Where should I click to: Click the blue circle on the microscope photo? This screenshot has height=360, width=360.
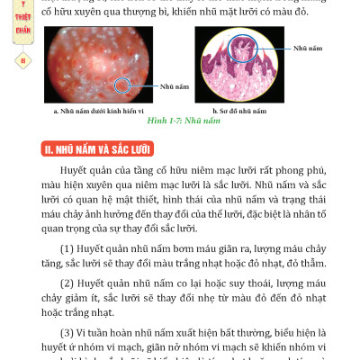click(x=124, y=85)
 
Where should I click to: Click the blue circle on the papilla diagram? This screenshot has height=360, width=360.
click(x=241, y=47)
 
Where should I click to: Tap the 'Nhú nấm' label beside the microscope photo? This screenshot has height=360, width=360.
click(x=175, y=88)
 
